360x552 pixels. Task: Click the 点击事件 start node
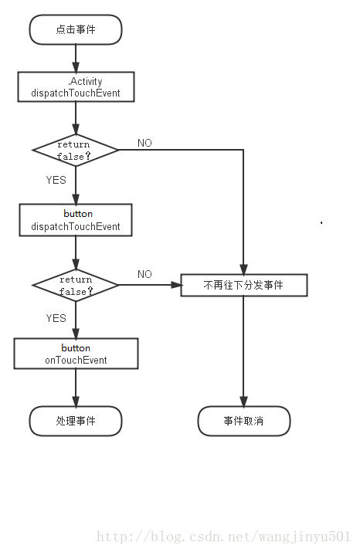(76, 29)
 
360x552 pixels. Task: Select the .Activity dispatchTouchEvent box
(76, 87)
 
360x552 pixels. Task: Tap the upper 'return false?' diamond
(76, 151)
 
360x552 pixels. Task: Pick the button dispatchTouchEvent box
(76, 220)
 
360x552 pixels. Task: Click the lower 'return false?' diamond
(76, 285)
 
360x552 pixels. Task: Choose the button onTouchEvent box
(76, 354)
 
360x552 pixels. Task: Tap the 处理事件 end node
(76, 421)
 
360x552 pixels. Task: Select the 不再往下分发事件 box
(244, 285)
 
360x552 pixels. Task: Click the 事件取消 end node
(244, 421)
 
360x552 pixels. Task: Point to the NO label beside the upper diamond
(144, 143)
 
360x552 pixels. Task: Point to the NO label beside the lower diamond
(144, 274)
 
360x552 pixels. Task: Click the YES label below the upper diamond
(56, 180)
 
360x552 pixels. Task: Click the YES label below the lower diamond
(56, 318)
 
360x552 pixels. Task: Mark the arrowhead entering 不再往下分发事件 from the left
(176, 285)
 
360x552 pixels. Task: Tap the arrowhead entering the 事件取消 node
(243, 401)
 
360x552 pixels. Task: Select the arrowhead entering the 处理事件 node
(76, 401)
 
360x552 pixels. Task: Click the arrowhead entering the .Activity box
(76, 67)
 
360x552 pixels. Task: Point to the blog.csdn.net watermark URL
(224, 537)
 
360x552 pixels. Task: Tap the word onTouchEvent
(76, 360)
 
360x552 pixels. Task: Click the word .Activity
(85, 81)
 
